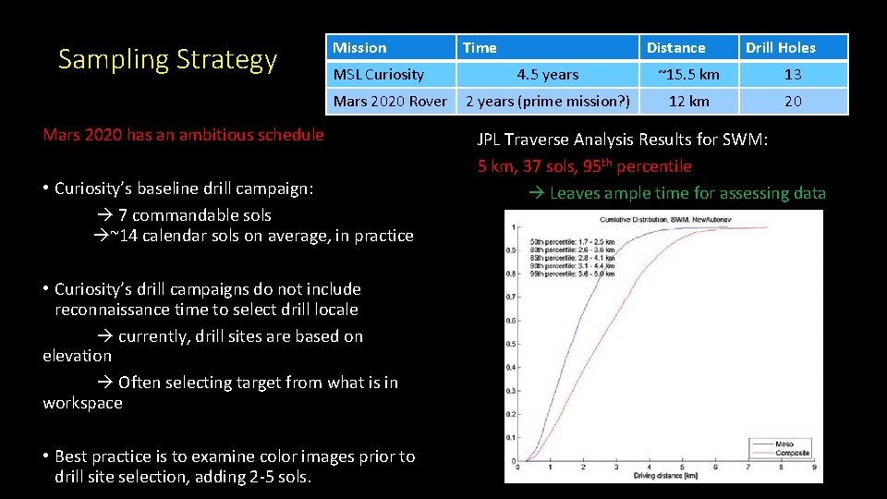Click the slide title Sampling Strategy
pos(167,59)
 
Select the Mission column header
pos(359,48)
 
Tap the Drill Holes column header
pos(781,48)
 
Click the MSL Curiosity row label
pos(378,75)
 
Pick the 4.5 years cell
pos(547,75)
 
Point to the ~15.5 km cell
pos(688,75)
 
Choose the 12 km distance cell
pos(688,102)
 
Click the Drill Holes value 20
pos(793,102)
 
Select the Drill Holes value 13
pos(793,75)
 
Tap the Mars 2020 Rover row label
pos(389,102)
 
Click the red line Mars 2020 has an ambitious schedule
pos(184,135)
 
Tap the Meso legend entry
pos(784,444)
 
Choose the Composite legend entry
pos(792,453)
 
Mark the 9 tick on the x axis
pos(813,468)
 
